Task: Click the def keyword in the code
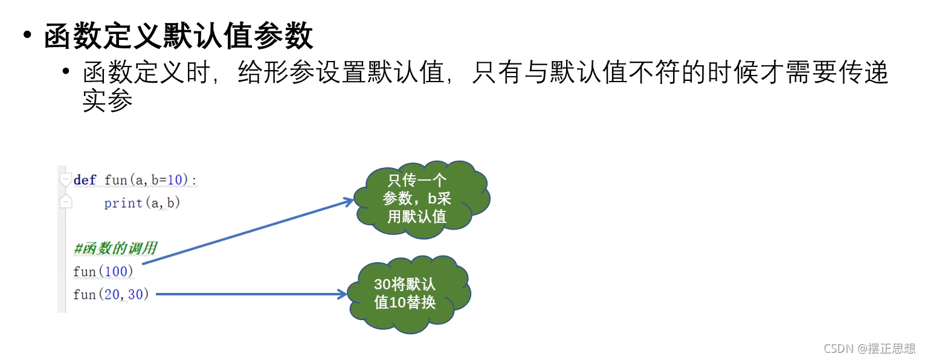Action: (85, 180)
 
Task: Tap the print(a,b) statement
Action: (142, 203)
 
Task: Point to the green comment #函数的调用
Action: (115, 248)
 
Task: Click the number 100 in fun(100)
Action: (116, 272)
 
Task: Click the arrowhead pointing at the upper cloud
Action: (349, 201)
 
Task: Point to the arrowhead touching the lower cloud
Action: (342, 294)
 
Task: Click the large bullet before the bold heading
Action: (27, 34)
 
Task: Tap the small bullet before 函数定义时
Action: (66, 71)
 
